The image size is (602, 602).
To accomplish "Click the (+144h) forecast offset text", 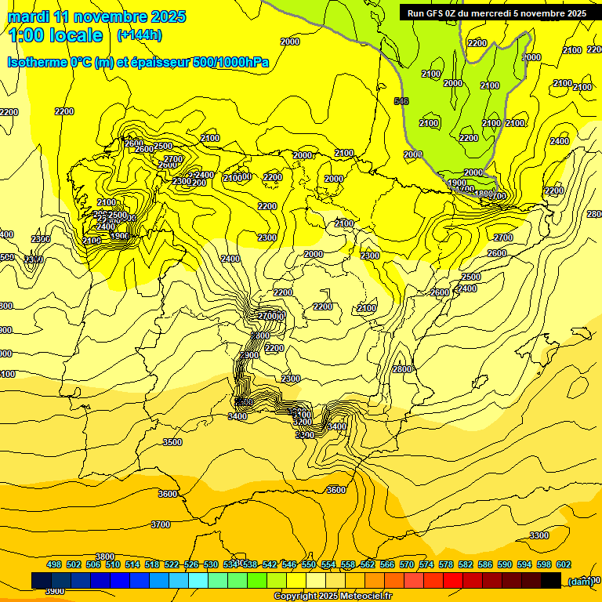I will [140, 34].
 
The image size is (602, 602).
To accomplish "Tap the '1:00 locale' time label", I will [56, 35].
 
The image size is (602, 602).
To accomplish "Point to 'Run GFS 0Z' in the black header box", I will [431, 13].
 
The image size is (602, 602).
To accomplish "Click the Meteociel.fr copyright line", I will [334, 597].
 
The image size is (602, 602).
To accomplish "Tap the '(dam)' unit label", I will [579, 581].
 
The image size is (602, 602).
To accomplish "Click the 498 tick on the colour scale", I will [54, 564].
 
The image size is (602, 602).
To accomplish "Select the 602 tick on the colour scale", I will [564, 564].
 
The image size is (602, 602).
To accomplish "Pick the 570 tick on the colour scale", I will [407, 564].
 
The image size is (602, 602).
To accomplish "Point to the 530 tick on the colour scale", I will [211, 564].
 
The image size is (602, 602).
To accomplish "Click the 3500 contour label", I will [172, 443].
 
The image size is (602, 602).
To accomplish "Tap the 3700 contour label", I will [160, 524].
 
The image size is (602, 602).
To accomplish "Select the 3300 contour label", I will [539, 535].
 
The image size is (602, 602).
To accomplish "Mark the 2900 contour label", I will [249, 355].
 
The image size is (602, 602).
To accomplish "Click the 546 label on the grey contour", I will [401, 101].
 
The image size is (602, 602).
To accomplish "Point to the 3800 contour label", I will [105, 557].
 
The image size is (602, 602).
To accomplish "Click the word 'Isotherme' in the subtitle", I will [36, 62].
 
